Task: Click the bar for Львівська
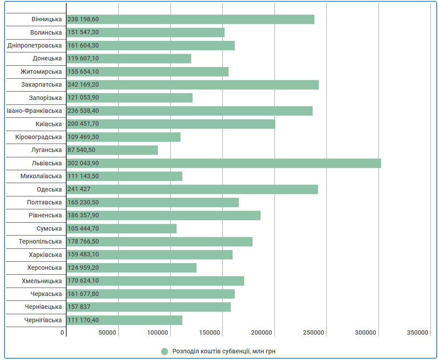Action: coord(224,163)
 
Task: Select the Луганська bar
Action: coord(112,150)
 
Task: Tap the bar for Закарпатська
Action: coord(193,84)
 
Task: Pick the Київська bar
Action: coord(171,124)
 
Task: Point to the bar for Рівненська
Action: coord(163,215)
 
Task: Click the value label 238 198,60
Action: coord(83,19)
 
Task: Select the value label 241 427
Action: coord(79,189)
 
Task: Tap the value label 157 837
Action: coord(79,307)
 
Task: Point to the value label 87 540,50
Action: coord(81,150)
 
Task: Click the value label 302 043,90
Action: coord(83,163)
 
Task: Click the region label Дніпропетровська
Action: coord(35,45)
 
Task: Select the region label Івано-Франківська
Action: coord(34,111)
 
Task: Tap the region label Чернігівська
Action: coord(43,320)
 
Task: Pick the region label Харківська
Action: coord(45,255)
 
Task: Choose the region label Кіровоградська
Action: coord(39,137)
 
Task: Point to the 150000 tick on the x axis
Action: coord(209,332)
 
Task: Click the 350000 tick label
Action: coord(418,332)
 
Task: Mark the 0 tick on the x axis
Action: coord(62,332)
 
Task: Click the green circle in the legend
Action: coord(165,352)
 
